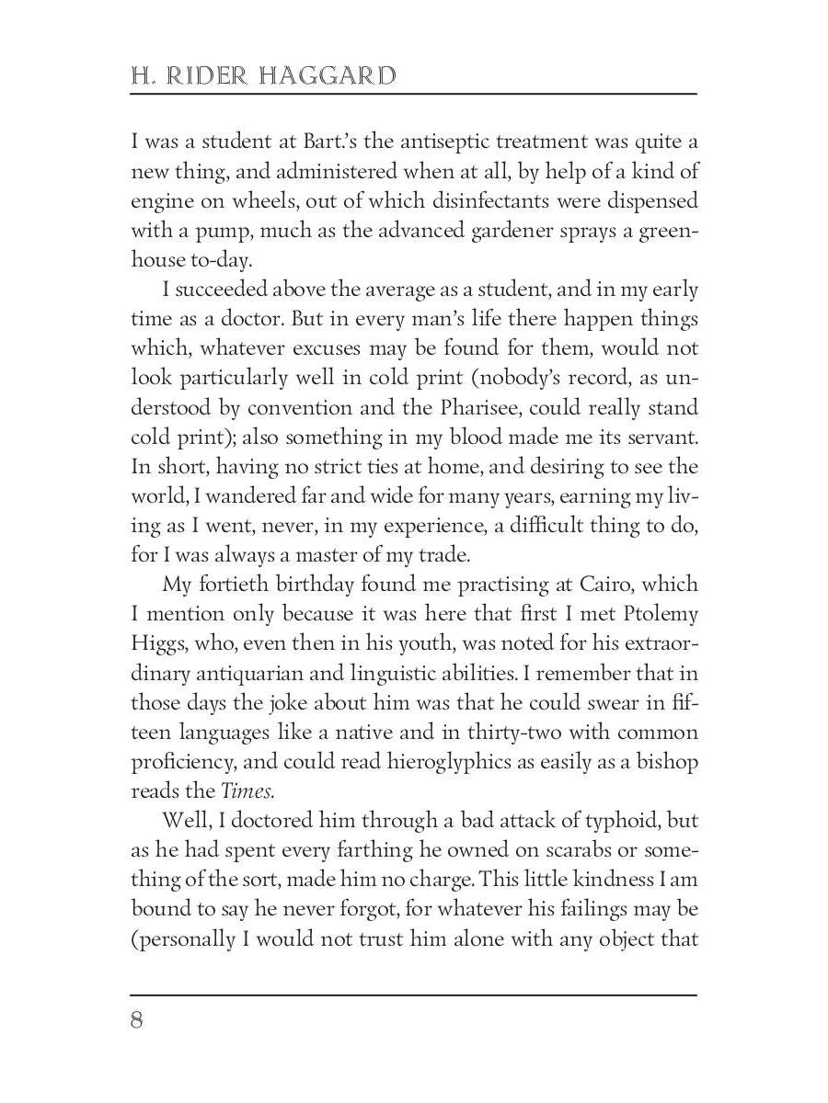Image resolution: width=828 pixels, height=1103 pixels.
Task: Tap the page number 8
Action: click(x=137, y=1021)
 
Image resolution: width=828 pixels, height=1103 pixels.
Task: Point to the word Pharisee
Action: click(x=510, y=407)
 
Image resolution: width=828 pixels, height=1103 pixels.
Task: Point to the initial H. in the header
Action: click(x=142, y=75)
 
